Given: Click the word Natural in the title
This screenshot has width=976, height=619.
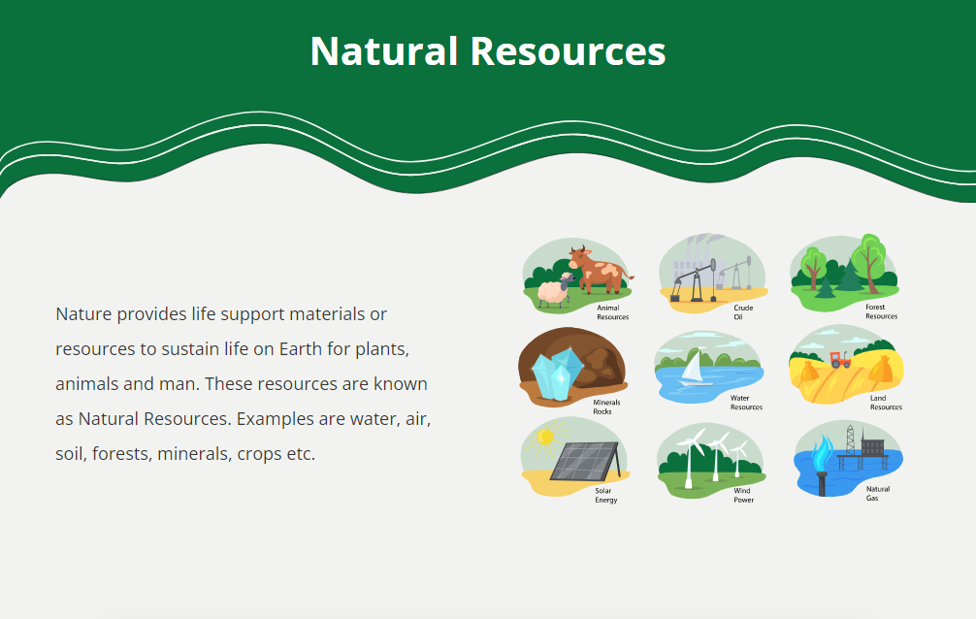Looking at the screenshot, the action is coord(384,51).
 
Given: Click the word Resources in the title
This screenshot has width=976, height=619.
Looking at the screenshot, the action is coord(568,51).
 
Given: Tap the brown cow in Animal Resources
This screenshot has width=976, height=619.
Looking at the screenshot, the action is coord(599,270).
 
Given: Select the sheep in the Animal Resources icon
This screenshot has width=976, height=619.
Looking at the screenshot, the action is coord(555,290).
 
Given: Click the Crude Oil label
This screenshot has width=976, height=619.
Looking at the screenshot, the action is coord(742,312).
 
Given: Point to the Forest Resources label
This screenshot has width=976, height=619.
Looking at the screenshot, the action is coord(881,312).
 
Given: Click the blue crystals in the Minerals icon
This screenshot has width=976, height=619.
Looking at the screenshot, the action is coord(557,373).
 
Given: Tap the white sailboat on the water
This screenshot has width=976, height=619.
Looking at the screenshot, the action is coord(695,368).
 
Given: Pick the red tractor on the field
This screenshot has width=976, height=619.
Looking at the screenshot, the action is coord(839,359).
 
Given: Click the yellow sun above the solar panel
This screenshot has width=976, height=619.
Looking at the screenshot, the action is coord(545,438).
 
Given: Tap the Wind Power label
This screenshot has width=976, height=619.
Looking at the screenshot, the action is coord(743,495).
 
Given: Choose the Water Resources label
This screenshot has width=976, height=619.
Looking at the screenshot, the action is coord(746,403).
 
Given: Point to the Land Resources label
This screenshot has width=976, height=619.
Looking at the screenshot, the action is coord(886,403).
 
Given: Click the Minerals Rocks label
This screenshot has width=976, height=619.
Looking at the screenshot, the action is coord(606,407).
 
